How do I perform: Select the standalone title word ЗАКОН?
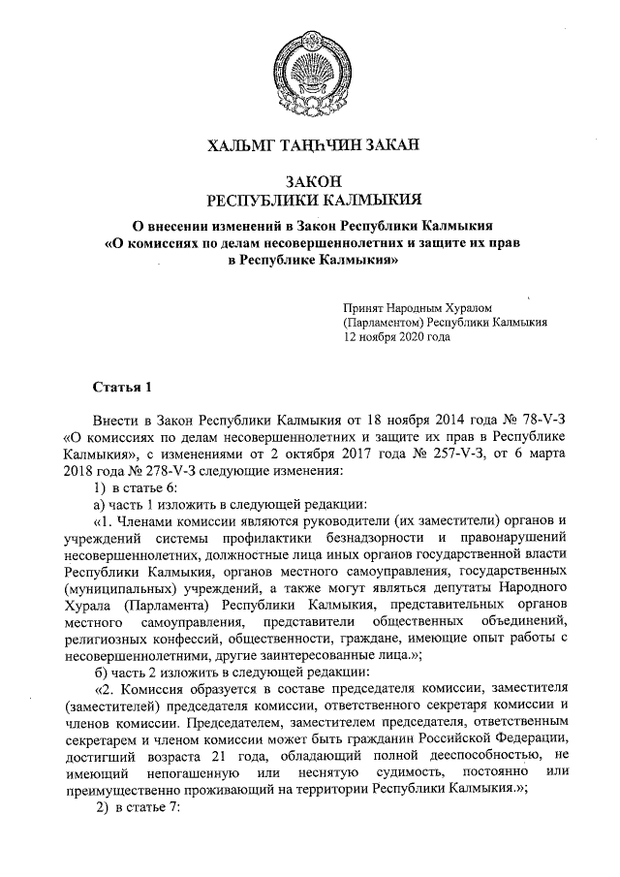click(310, 181)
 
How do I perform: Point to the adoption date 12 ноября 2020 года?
click(397, 339)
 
